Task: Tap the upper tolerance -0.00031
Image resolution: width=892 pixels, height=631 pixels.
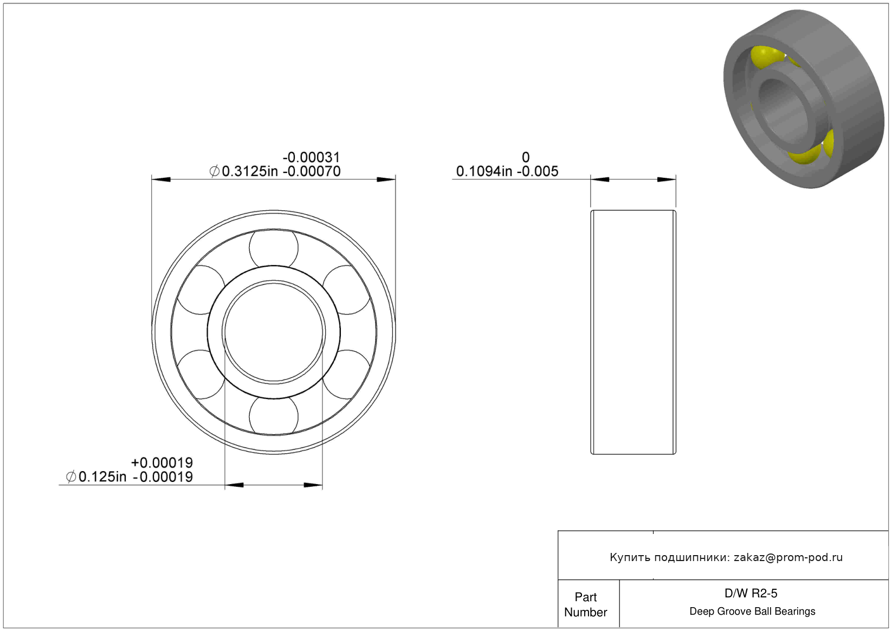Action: pos(312,157)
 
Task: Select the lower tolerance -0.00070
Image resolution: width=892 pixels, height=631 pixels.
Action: pos(312,171)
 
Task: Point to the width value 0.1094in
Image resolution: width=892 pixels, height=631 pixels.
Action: pos(484,171)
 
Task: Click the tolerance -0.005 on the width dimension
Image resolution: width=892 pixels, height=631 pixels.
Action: pos(538,171)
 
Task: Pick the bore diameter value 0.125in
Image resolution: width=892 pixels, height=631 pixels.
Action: pos(102,477)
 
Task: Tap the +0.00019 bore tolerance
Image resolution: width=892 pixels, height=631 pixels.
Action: pos(162,462)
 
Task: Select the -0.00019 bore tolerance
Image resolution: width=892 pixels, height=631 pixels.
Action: pos(163,477)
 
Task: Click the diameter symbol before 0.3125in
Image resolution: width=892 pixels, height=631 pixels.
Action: pos(214,171)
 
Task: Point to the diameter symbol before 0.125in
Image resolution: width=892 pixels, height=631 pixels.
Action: pos(71,477)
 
